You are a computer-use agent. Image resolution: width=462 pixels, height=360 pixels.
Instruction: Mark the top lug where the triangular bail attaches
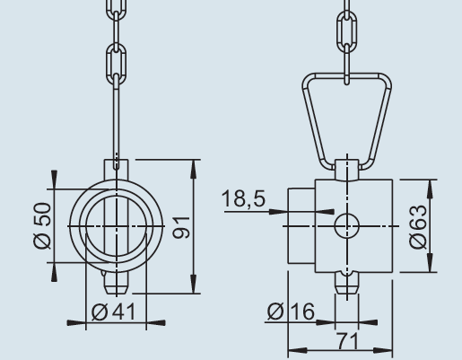tap(346, 168)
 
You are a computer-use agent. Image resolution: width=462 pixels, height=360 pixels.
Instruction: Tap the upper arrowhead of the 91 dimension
tap(195, 166)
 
